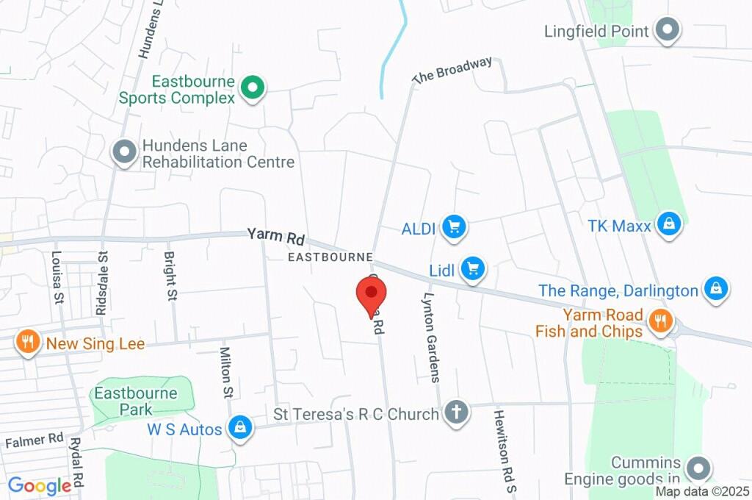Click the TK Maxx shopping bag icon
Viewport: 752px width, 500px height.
[669, 224]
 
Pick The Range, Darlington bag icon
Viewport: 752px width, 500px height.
[715, 289]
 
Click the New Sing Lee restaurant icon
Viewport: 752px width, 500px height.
[29, 341]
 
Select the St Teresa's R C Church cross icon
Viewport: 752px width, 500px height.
[456, 413]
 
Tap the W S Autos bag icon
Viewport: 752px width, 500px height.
[239, 427]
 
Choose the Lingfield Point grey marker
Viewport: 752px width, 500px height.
[668, 31]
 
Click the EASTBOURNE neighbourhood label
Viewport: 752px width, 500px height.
[330, 257]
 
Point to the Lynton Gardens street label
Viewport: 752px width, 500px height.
[431, 338]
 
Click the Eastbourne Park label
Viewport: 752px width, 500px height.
[136, 401]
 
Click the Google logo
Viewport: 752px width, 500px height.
[40, 485]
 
